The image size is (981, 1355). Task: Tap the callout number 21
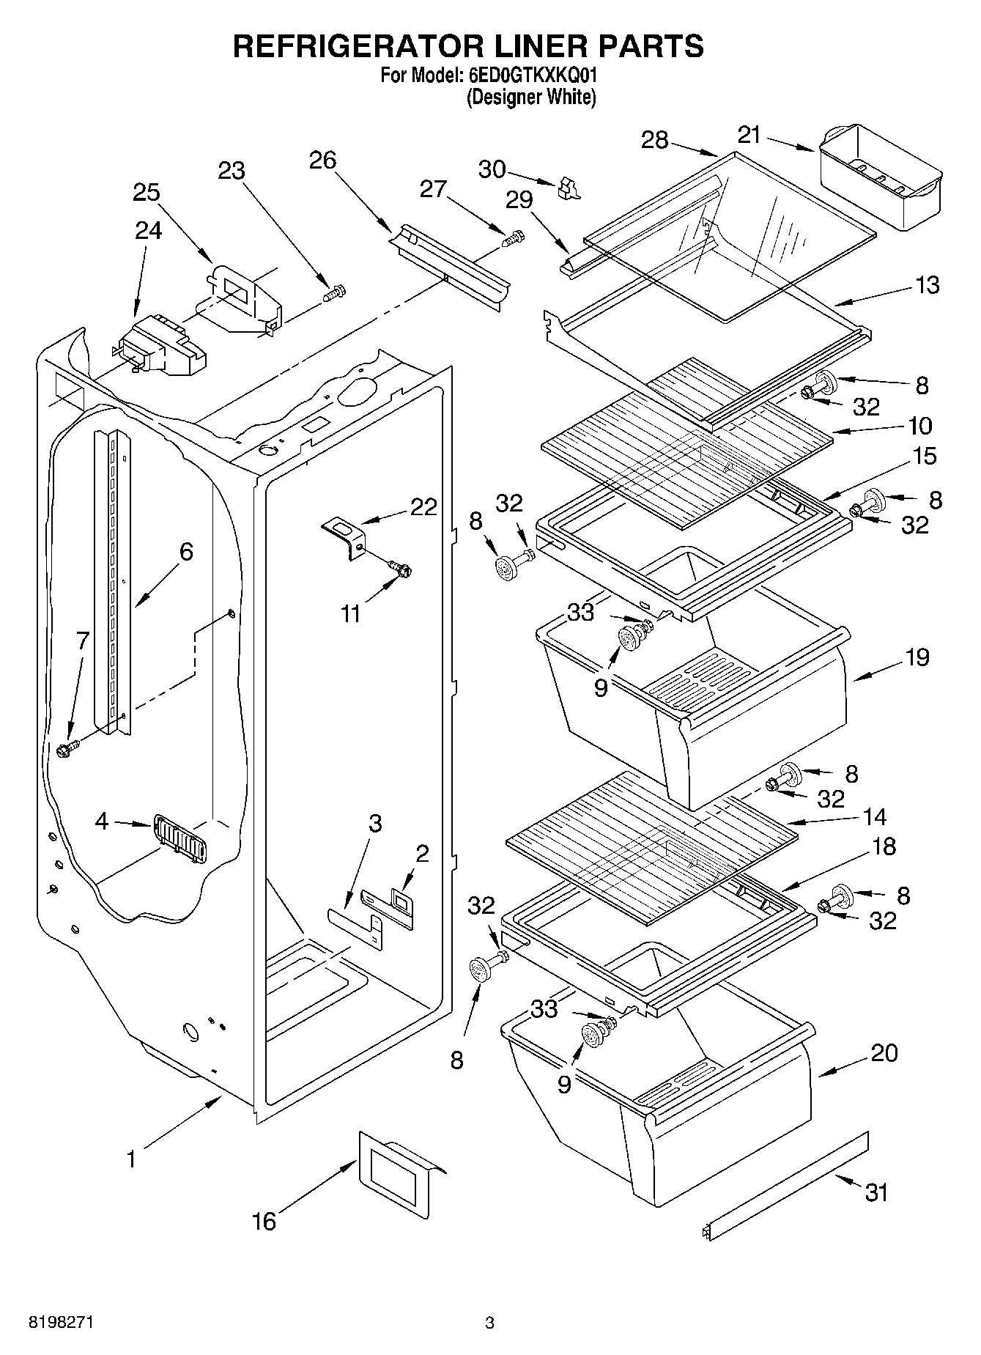click(x=749, y=134)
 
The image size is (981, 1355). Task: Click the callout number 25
click(x=147, y=192)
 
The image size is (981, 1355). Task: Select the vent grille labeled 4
click(x=178, y=838)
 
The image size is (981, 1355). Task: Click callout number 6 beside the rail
click(x=186, y=551)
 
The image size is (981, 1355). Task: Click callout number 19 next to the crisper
click(x=917, y=657)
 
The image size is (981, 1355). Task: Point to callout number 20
click(x=884, y=1053)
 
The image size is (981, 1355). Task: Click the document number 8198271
click(x=61, y=1322)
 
